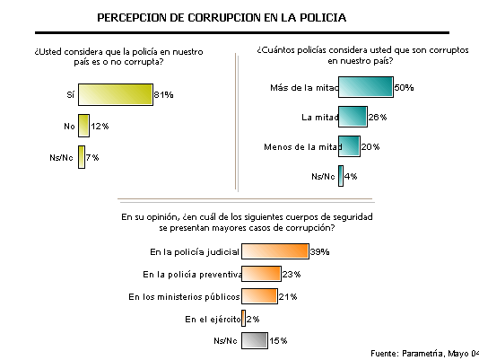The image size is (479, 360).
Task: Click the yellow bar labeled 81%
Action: coord(116,94)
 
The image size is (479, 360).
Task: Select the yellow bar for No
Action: coord(83,126)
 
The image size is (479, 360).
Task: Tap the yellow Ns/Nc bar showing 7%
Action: coord(82,157)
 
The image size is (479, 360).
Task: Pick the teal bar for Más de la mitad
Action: coord(366,87)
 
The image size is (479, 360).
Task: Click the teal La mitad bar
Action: coord(353,117)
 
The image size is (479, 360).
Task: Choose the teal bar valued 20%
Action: coord(349,146)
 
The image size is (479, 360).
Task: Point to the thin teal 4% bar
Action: coord(341,176)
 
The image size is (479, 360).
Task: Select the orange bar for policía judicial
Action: coord(275,251)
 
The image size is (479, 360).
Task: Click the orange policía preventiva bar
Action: coord(261,274)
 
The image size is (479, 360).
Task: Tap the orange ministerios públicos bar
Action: coord(259,296)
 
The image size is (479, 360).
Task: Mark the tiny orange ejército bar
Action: coord(243,319)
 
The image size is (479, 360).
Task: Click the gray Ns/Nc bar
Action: coord(255,340)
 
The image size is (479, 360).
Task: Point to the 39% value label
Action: coord(319,251)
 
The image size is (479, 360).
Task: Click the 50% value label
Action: coord(404,87)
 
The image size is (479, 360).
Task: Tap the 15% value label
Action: coord(278,340)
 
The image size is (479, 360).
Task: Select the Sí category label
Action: coord(71,94)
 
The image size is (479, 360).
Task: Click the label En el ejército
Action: coord(213,319)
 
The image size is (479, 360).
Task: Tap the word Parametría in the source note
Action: coord(422,354)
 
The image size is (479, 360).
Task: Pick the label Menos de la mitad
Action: coord(302,147)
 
